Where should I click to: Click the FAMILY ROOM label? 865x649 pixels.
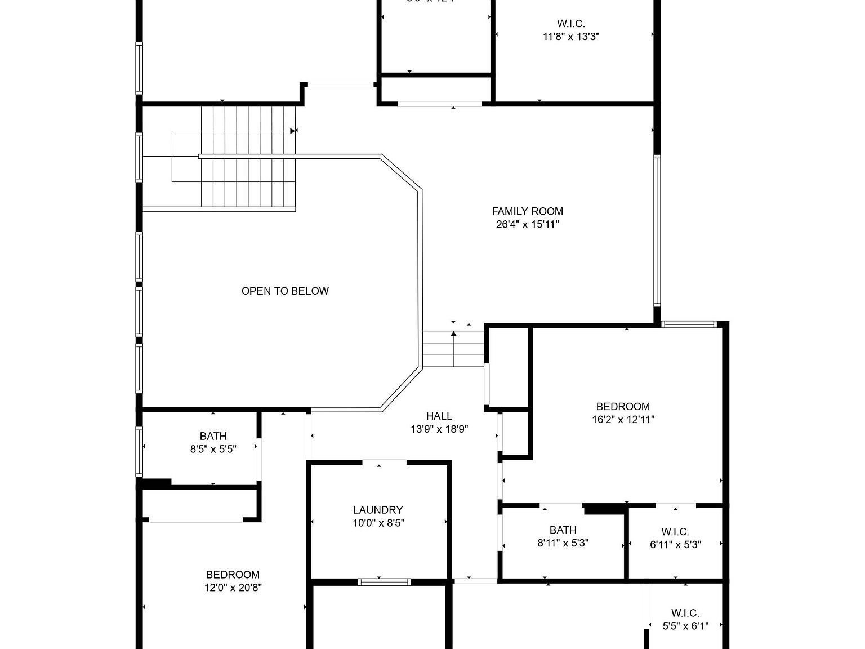(x=527, y=211)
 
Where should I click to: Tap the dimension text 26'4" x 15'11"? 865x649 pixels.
(x=527, y=224)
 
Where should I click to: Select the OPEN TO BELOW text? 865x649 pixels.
(x=285, y=291)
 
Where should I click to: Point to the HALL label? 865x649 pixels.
(x=439, y=416)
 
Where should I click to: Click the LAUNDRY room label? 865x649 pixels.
(x=378, y=510)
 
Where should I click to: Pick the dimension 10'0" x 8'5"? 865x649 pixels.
(x=378, y=523)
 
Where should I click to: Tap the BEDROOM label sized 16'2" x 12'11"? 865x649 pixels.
(x=623, y=406)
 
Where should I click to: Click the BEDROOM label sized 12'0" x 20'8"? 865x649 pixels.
(x=233, y=575)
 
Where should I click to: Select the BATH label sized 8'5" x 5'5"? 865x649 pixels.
(x=213, y=436)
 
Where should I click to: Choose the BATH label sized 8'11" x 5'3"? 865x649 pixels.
(x=563, y=530)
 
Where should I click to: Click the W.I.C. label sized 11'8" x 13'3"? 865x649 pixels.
(x=570, y=24)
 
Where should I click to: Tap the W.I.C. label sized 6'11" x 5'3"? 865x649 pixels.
(x=675, y=532)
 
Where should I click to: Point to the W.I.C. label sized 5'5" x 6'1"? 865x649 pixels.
(x=685, y=613)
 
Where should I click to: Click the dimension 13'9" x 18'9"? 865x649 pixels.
(x=439, y=429)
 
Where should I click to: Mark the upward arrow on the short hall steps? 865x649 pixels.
(x=453, y=335)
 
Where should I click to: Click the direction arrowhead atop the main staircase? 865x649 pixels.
(x=293, y=131)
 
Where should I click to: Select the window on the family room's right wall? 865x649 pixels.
(x=657, y=231)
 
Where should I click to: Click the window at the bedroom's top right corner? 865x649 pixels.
(x=688, y=324)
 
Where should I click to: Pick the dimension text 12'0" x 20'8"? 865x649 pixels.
(x=233, y=588)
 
